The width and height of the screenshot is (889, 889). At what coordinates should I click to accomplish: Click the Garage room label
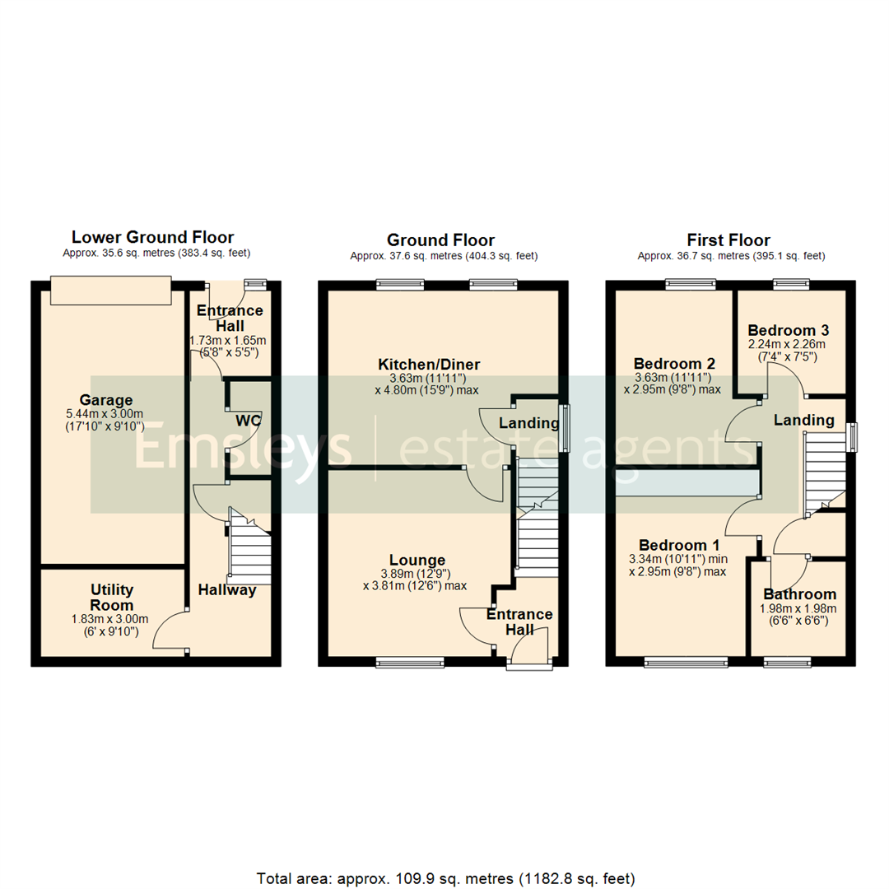[x=112, y=400]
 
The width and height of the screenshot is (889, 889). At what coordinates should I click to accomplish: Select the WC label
[x=249, y=421]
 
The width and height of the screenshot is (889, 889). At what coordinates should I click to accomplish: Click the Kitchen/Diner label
[x=428, y=364]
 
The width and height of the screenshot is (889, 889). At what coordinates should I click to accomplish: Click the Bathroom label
[x=799, y=593]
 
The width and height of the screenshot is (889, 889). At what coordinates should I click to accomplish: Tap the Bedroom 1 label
[x=680, y=545]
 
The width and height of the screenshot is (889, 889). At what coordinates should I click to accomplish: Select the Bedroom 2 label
[x=674, y=364]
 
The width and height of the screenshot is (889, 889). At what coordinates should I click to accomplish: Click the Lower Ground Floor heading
[x=152, y=237]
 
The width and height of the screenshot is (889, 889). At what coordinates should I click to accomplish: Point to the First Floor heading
[x=728, y=240]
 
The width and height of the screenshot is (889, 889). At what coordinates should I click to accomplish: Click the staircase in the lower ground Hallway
[x=249, y=547]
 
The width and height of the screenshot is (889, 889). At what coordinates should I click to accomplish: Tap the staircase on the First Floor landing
[x=826, y=473]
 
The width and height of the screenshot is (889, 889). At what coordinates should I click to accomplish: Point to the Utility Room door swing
[x=169, y=630]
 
